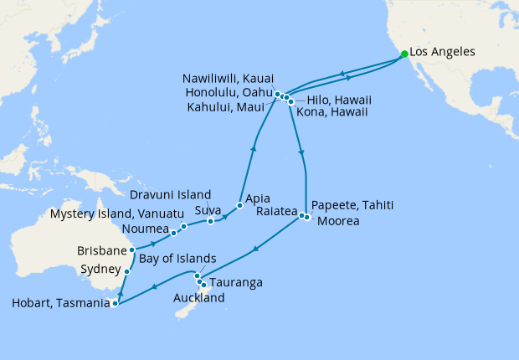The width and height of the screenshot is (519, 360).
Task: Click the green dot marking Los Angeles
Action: coord(405,54)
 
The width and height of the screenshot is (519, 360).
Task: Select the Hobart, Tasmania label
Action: coord(56,305)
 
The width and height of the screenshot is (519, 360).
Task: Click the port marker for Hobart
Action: coord(115,304)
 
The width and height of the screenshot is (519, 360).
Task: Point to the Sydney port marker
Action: coord(126,271)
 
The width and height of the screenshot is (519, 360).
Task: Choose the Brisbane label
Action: coord(101,250)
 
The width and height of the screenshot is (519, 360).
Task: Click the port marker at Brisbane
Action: coord(132,249)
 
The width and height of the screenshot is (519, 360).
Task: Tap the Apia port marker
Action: coord(239,205)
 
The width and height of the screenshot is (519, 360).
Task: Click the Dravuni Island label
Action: coord(170,195)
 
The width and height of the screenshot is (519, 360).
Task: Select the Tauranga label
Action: coord(236,283)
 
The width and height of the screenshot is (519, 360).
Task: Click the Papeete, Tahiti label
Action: coord(352,205)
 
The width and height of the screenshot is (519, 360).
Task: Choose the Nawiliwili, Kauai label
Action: coord(227,79)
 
